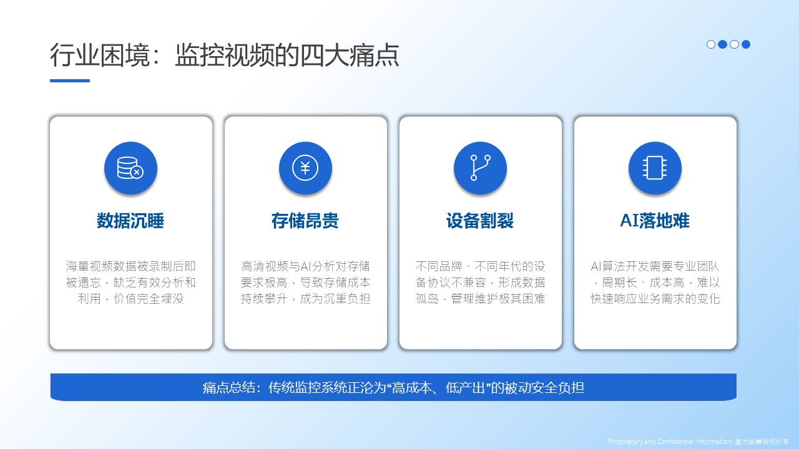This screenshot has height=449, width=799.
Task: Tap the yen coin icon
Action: (305, 168)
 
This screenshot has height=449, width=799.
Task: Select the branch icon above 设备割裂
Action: (480, 168)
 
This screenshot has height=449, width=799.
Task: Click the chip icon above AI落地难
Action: (655, 168)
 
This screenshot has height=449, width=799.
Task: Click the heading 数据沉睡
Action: (130, 221)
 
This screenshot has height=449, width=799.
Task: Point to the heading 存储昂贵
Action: (305, 221)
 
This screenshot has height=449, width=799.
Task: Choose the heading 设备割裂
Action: (480, 221)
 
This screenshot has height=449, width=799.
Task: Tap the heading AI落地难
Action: (655, 221)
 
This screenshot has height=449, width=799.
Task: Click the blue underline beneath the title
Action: (70, 80)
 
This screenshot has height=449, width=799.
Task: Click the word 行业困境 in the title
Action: (100, 56)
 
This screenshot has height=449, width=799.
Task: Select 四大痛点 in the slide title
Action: (350, 56)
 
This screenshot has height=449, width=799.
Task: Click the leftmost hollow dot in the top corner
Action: (711, 44)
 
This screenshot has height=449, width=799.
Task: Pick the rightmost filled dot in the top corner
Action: (746, 44)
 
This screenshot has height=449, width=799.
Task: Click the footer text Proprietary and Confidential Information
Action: (670, 442)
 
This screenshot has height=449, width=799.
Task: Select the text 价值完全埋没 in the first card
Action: (149, 299)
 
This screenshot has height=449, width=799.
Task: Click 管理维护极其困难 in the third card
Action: (498, 299)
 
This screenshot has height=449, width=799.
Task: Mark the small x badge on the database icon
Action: (137, 173)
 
